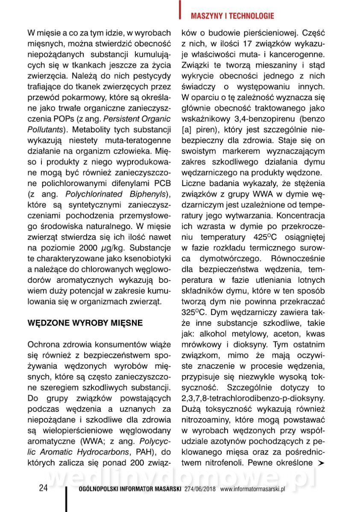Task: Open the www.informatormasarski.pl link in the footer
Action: tap(252, 489)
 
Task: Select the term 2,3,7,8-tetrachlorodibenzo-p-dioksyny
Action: tap(253, 398)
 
